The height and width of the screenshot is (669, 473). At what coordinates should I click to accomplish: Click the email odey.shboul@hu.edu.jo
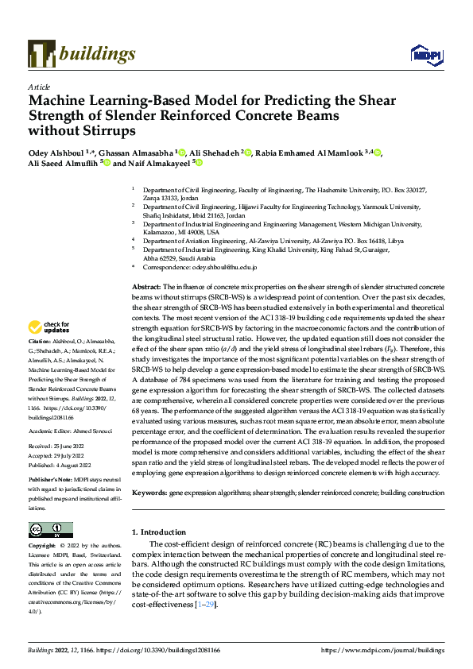[x=222, y=269]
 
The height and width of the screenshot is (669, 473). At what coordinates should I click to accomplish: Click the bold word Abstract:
[x=145, y=285]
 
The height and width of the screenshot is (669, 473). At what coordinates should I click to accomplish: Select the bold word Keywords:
[x=149, y=493]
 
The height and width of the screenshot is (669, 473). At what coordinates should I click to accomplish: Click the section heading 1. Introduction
[x=161, y=531]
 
